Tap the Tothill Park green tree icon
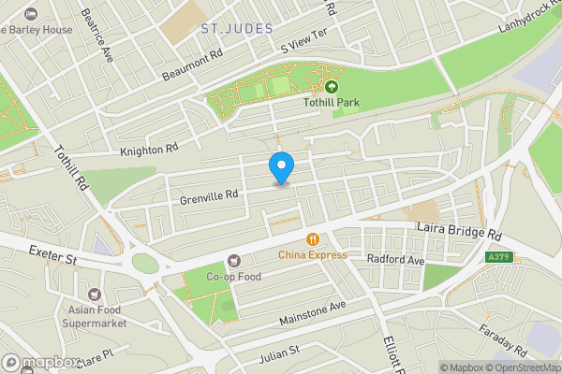pos(331,87)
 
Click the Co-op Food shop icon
pos(233,261)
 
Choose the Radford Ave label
pos(396,258)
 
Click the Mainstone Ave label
pos(312,313)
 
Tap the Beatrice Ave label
pos(96,36)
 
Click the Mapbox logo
pos(41,362)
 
